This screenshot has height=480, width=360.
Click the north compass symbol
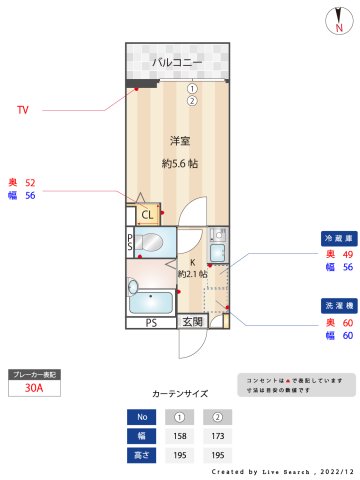(339, 21)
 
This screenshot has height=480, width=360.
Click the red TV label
(22, 109)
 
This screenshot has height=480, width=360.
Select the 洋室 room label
(179, 140)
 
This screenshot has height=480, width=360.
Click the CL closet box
(147, 214)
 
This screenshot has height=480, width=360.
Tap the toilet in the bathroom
(151, 241)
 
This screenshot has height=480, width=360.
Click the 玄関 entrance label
(192, 322)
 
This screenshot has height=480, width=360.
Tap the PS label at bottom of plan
(151, 323)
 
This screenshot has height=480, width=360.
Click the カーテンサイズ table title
(180, 395)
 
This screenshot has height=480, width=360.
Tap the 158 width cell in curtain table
(180, 436)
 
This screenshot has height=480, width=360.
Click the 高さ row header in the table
(142, 454)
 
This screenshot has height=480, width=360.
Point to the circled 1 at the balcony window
(191, 88)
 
